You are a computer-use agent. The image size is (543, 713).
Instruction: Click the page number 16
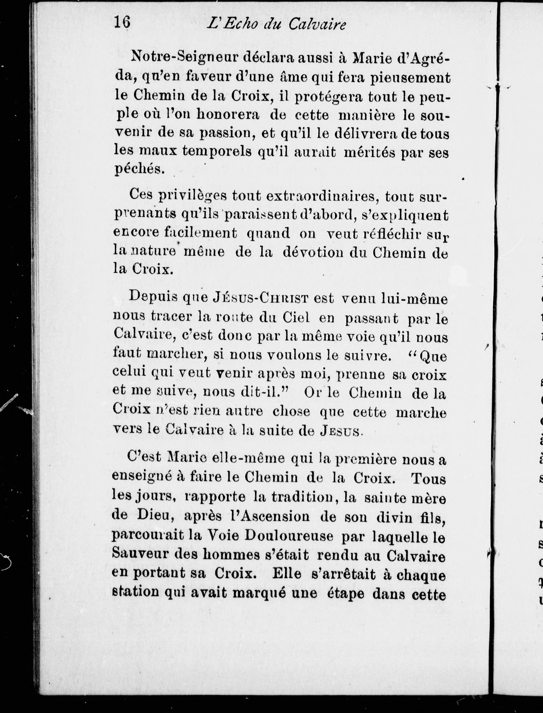point(122,23)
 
